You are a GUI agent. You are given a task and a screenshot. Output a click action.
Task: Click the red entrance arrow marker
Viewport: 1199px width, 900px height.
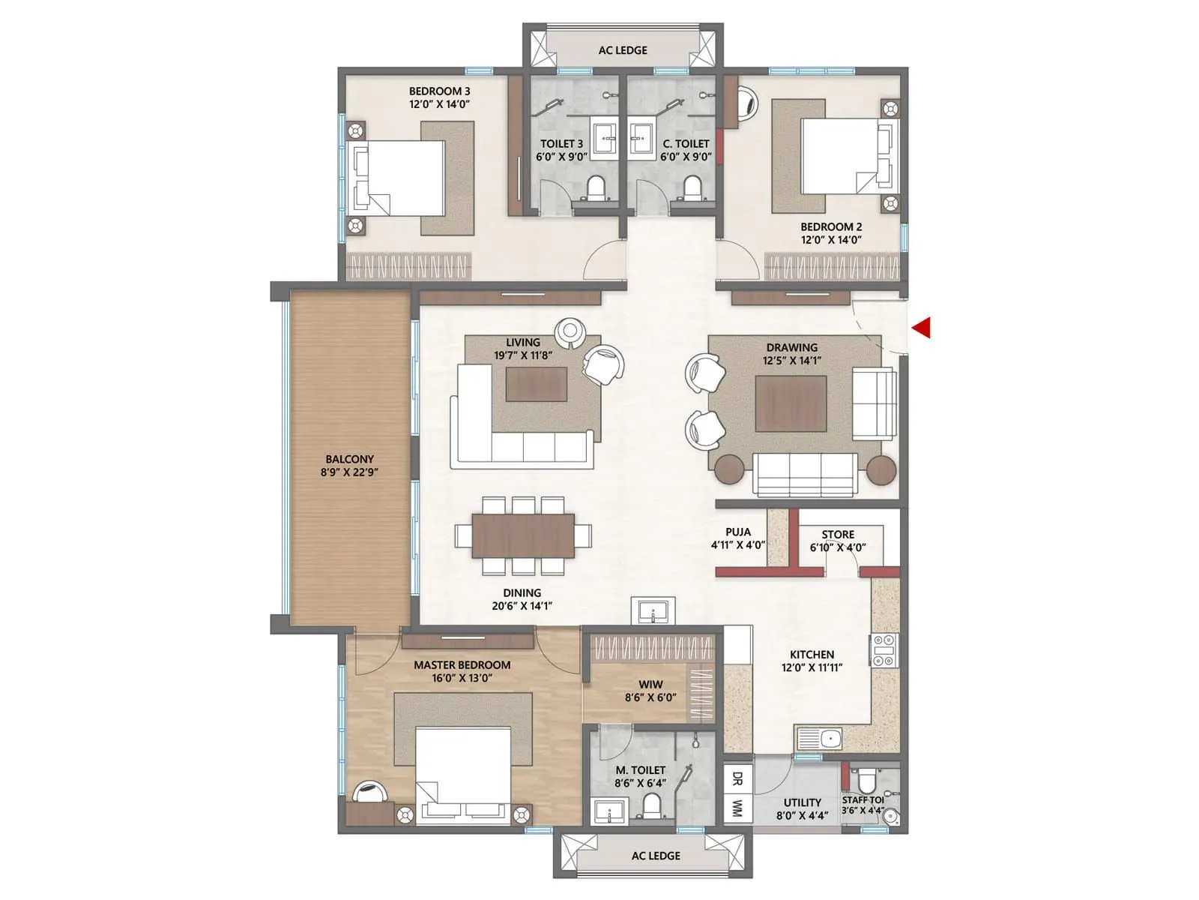pyautogui.click(x=922, y=328)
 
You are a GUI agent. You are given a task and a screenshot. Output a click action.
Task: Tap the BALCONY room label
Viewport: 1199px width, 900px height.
pyautogui.click(x=349, y=459)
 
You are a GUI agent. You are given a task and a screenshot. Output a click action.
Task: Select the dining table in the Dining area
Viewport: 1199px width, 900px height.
pyautogui.click(x=523, y=535)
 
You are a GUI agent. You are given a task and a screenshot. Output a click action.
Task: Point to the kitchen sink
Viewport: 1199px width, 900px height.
pyautogui.click(x=821, y=739)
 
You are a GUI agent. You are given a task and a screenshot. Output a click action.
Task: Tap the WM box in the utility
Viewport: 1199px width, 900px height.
pyautogui.click(x=737, y=808)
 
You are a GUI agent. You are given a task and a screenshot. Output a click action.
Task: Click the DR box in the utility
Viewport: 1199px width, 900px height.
pyautogui.click(x=737, y=778)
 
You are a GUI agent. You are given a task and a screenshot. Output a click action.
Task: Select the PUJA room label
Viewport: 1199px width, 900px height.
pyautogui.click(x=737, y=532)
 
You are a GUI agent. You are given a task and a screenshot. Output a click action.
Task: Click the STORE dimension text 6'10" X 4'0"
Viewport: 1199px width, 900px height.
pyautogui.click(x=837, y=547)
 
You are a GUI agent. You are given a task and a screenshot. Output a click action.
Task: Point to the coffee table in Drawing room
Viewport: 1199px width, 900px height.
pyautogui.click(x=791, y=403)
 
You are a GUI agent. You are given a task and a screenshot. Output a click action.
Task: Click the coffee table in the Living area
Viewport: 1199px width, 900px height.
pyautogui.click(x=536, y=385)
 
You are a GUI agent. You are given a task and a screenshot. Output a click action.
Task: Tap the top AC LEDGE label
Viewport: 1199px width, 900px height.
pyautogui.click(x=623, y=50)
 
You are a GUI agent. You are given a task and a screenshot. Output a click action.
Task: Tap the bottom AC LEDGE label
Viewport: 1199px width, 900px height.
pyautogui.click(x=656, y=855)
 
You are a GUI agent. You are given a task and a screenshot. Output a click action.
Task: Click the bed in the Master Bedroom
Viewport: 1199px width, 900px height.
pyautogui.click(x=463, y=772)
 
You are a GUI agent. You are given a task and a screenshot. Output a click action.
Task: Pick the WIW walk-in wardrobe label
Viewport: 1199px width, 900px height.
pyautogui.click(x=650, y=684)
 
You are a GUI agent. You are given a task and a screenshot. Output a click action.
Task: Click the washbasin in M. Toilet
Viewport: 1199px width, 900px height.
pyautogui.click(x=612, y=811)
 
